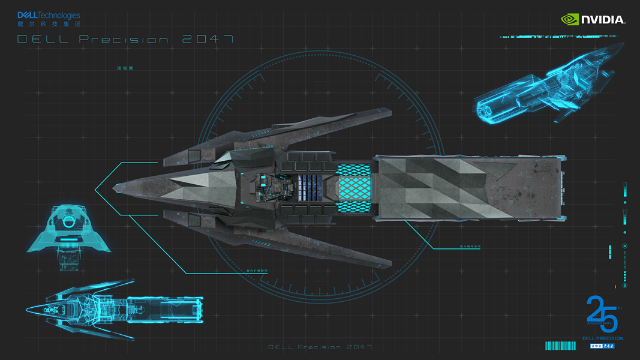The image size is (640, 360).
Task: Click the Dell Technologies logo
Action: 49,15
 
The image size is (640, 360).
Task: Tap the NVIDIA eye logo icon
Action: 569,19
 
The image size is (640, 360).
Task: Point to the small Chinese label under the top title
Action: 125,68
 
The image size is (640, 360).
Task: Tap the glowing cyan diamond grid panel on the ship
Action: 354,188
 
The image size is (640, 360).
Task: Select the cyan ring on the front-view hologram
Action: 68,223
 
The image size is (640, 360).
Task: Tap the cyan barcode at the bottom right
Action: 560,346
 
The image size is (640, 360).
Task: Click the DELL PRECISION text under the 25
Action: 603,338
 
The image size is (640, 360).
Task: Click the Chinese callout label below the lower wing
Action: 257,272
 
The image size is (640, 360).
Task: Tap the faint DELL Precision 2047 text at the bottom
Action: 320,347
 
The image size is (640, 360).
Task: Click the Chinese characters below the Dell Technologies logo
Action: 49,23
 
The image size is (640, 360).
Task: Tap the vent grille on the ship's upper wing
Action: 195,156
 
